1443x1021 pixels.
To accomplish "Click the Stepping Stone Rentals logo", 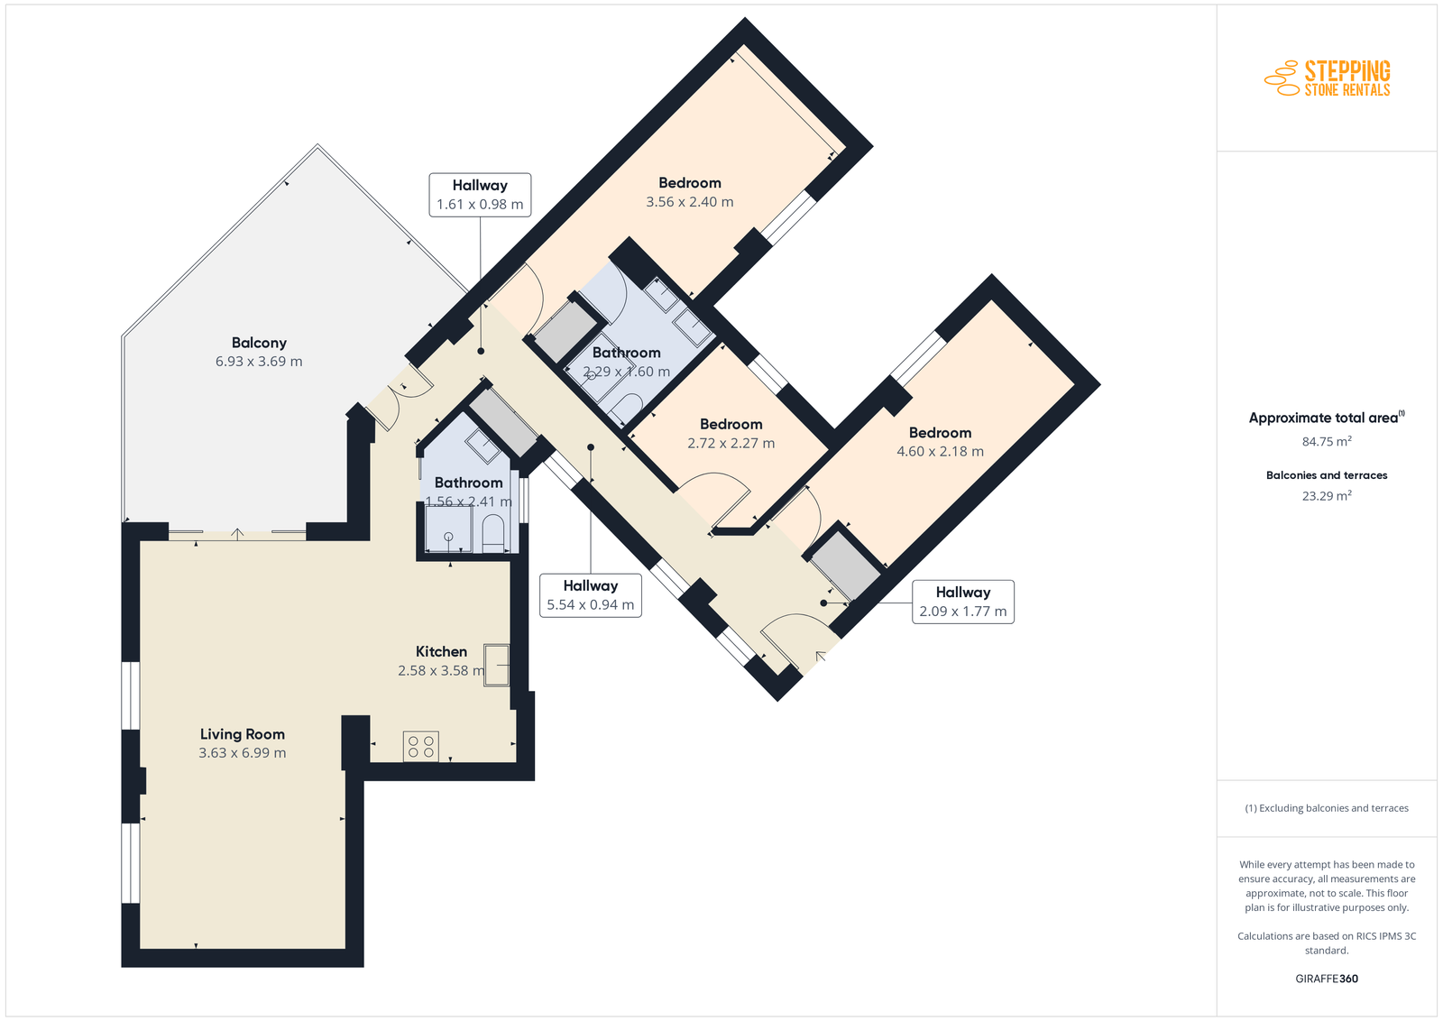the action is (x=1327, y=78).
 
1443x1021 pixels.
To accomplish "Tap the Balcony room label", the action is (x=259, y=343).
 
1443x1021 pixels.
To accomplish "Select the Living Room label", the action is (x=243, y=733).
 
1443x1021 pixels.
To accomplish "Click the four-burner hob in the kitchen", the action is (x=420, y=747).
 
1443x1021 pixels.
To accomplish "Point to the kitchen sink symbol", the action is (x=497, y=665).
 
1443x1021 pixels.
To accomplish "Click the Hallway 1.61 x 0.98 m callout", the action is (x=480, y=195).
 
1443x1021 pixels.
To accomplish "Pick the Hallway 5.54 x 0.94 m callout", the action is (x=591, y=595).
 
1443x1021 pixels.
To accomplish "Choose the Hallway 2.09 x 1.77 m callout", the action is (x=963, y=602).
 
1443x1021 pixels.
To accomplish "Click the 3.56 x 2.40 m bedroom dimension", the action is (x=690, y=202).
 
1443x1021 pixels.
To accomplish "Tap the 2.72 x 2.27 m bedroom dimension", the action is (x=731, y=443).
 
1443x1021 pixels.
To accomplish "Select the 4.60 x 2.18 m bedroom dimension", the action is (x=941, y=452).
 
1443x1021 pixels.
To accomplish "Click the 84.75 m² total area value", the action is (x=1327, y=441).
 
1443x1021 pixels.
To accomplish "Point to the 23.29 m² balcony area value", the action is (x=1327, y=495).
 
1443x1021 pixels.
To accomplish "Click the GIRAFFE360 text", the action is (x=1327, y=979).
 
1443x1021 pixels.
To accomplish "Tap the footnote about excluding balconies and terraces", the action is (x=1327, y=808).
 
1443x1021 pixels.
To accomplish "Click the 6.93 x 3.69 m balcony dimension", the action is (x=259, y=362).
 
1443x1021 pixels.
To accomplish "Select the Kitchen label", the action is (x=441, y=651).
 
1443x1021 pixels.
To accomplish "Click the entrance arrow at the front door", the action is (x=821, y=657).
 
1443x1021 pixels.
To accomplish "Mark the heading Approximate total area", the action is (x=1327, y=418).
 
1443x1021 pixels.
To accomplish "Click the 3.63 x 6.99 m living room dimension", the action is (x=243, y=752).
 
